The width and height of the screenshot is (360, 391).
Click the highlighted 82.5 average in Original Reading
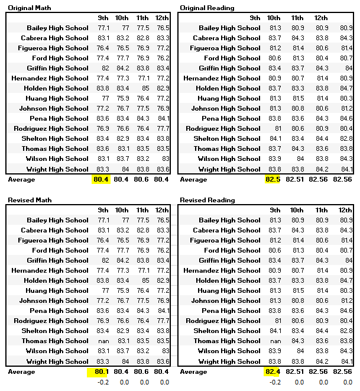274,179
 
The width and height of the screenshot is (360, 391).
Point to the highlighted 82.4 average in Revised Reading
274,371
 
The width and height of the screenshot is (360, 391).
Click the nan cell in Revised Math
103,341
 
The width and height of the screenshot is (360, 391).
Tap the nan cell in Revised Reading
275,341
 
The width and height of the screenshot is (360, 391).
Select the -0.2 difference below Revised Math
103,382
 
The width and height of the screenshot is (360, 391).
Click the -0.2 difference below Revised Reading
275,382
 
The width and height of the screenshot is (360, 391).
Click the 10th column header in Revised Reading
297,210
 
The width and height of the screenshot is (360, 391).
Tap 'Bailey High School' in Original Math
57,28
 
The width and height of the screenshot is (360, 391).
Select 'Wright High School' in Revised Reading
229,361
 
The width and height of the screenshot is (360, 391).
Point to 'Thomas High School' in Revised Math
55,341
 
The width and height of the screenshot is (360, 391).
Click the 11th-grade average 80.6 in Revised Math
142,371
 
